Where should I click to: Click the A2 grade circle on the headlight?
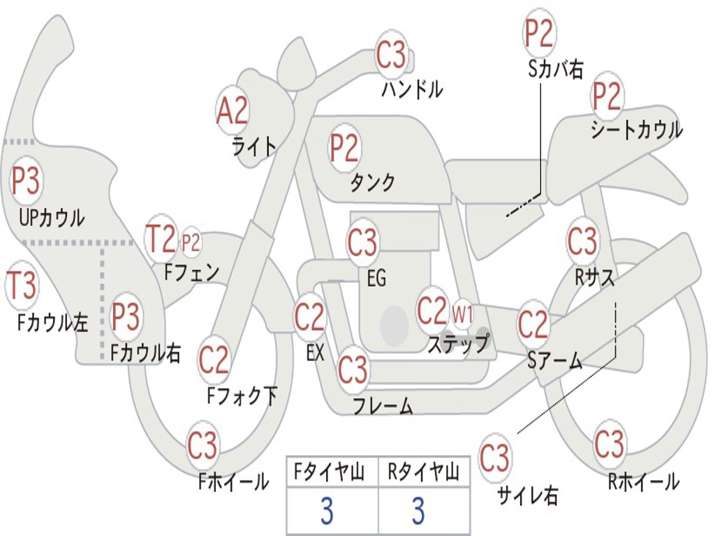(x=233, y=109)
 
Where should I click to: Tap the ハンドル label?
(x=412, y=89)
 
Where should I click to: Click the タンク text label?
(x=372, y=183)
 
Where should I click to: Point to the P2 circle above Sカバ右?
(x=539, y=33)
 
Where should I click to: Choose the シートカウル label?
(x=636, y=131)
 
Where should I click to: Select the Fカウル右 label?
(x=146, y=353)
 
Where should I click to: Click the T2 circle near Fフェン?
(x=160, y=239)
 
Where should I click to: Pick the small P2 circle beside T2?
(x=191, y=242)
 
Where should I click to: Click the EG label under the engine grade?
(x=376, y=279)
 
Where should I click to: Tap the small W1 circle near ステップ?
(x=462, y=315)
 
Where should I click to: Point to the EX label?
(x=315, y=352)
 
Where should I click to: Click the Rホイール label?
(x=643, y=482)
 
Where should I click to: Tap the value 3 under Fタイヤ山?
(x=326, y=512)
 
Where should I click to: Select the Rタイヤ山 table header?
(x=423, y=473)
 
